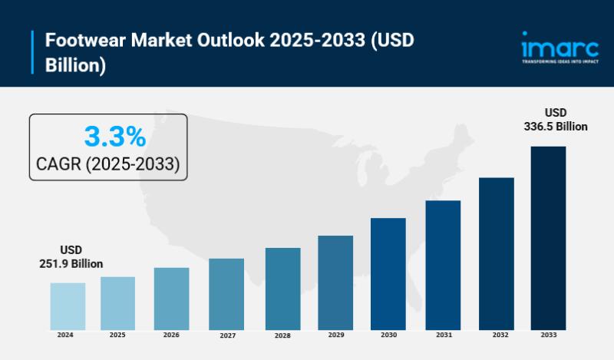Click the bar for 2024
pos(68,306)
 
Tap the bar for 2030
pos(388,274)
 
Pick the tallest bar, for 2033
pos(548,238)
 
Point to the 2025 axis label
pos(117,335)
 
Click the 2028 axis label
pos(282,335)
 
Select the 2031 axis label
pos(442,335)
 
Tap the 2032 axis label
pos(497,335)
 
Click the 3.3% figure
pos(114,137)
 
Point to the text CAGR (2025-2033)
pos(108,163)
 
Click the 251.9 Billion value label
pos(71,263)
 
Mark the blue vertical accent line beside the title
pos(33,53)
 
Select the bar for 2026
pos(171,299)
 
